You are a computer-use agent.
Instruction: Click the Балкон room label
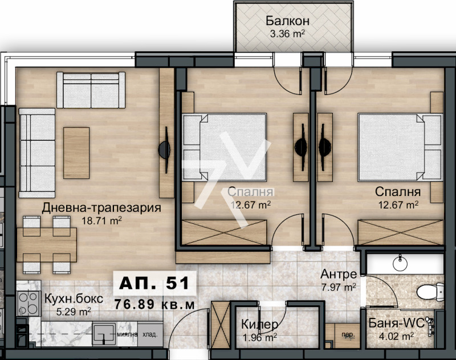[x=288, y=21]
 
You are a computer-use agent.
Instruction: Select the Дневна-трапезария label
[x=101, y=207]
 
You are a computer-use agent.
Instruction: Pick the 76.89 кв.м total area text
[x=154, y=304]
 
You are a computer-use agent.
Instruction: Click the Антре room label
[x=339, y=274]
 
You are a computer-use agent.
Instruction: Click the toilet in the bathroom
[x=430, y=292]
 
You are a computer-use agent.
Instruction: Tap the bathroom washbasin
[x=401, y=264]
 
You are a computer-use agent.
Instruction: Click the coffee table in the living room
[x=76, y=152]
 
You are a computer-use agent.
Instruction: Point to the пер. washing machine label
[x=345, y=334]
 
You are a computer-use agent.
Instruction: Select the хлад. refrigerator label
[x=150, y=336]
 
